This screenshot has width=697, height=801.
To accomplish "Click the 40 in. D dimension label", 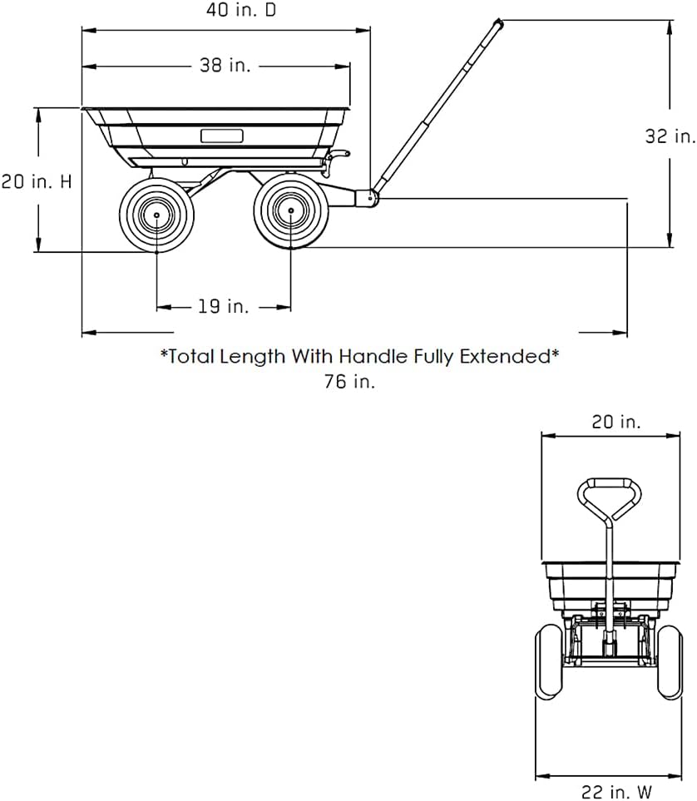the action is click(240, 10).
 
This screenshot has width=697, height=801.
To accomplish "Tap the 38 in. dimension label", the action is click(225, 66).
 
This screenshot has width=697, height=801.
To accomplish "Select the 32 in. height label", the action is click(670, 136).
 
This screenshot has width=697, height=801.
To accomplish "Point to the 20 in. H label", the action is click(37, 181).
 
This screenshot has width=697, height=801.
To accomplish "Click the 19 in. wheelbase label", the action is click(223, 306).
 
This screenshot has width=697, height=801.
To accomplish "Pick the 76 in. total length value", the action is click(349, 381).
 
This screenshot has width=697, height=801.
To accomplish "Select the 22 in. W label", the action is click(617, 791).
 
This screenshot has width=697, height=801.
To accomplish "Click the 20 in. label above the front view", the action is click(615, 422).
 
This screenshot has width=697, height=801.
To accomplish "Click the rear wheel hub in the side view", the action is click(156, 215).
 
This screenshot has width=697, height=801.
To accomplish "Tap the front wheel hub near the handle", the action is click(291, 210).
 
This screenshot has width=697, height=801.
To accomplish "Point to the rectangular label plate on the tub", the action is click(221, 136).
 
